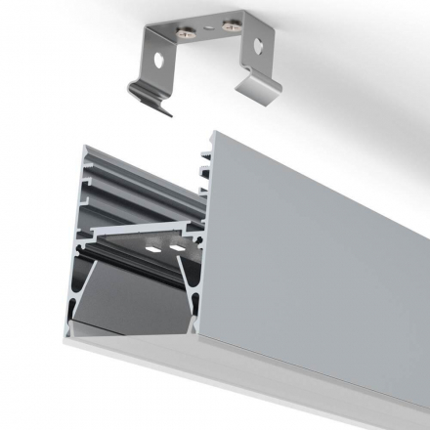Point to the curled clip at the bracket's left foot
click(x=150, y=102)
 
